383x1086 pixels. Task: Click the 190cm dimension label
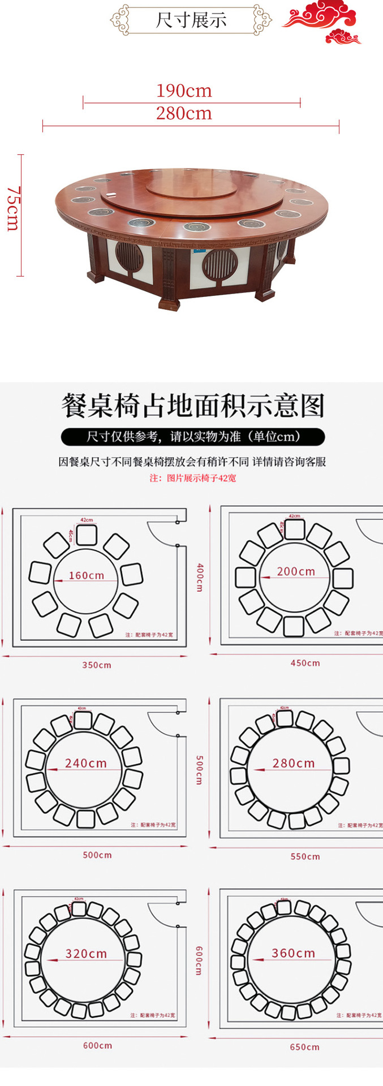coord(184,91)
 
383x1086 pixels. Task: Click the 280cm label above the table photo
coord(184,114)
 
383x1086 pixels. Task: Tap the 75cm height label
coord(12,209)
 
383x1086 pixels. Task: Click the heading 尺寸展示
coord(191,20)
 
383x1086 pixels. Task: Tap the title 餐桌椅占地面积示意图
coord(192,407)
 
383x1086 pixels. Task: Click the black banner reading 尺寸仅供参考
coord(192,437)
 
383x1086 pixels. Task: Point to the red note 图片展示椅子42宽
coord(193,478)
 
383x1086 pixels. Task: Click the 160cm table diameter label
coord(87,575)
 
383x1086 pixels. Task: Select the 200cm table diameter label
coord(296,571)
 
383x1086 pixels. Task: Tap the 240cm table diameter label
coord(86,763)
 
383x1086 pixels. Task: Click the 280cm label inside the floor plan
coord(294,763)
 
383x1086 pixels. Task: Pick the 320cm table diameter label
coord(86,954)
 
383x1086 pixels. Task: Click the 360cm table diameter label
coord(293,953)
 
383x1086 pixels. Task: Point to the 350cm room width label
coord(97,665)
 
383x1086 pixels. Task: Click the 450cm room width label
coord(305,663)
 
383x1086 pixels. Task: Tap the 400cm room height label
coord(199,577)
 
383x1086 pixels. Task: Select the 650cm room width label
coord(305,1047)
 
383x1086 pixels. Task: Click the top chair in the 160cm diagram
coord(87,534)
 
